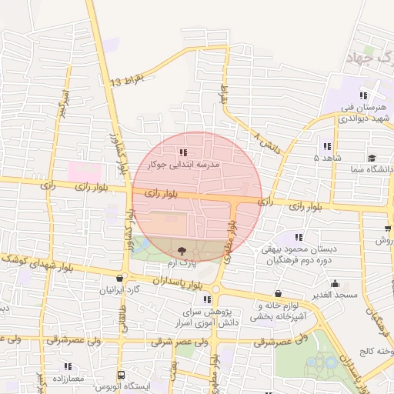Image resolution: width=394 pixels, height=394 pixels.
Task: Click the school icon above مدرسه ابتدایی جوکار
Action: pyautogui.click(x=182, y=152)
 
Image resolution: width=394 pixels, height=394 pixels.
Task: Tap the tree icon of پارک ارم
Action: pyautogui.click(x=182, y=250)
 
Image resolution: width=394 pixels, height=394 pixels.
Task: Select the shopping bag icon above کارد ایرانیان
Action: pyautogui.click(x=119, y=278)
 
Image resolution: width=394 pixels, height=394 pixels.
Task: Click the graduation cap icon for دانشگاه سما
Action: pyautogui.click(x=371, y=157)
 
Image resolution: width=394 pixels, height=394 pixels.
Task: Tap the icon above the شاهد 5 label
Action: pyautogui.click(x=327, y=146)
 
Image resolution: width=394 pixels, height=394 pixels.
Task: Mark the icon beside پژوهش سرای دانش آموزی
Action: pyautogui.click(x=207, y=299)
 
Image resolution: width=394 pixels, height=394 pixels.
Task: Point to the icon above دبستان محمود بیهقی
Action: pyautogui.click(x=299, y=237)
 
